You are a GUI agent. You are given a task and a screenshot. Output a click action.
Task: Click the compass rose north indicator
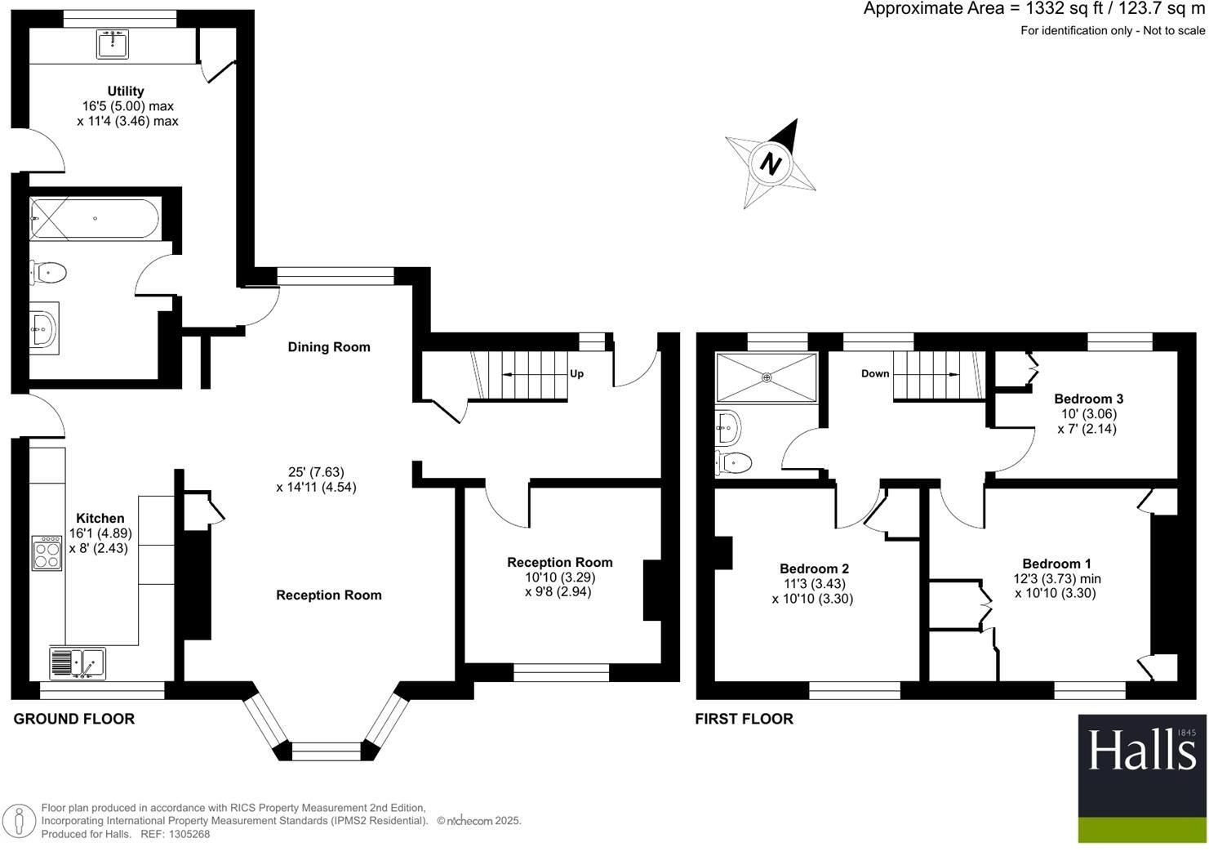point(771,163)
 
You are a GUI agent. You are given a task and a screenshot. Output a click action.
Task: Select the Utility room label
point(126,91)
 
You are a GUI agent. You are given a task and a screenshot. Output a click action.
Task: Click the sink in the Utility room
point(113,44)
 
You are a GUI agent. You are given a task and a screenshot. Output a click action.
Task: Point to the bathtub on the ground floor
point(92,219)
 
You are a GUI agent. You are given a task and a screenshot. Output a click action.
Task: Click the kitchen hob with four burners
point(47,553)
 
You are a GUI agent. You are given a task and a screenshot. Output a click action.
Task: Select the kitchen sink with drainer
point(78,662)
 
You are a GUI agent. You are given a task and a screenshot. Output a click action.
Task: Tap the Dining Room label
point(329,347)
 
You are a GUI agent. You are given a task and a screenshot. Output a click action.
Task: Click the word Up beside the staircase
point(576,374)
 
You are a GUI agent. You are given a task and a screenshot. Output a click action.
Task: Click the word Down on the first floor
point(875,374)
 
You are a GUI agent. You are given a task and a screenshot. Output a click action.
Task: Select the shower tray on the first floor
point(766,377)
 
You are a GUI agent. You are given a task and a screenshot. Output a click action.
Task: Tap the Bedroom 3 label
point(1088,399)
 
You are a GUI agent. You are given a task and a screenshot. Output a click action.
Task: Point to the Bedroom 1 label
point(1056,564)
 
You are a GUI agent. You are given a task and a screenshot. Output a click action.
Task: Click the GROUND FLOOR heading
point(74,719)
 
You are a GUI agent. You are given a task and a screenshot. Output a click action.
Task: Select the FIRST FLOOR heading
point(744,719)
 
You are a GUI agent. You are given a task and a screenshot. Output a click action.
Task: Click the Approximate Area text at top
point(1033,9)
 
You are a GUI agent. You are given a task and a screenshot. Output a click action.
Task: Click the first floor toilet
point(732,463)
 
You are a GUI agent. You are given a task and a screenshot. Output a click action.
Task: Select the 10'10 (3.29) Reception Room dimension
point(559,577)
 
